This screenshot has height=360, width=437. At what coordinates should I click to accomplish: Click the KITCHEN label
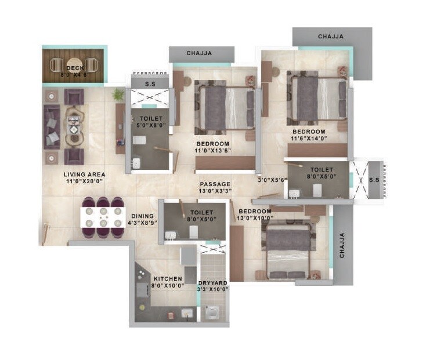[168, 279]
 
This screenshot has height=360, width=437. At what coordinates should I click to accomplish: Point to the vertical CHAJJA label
[342, 246]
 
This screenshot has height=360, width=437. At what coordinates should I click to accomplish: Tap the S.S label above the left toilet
[150, 84]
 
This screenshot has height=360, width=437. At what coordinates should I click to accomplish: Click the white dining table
[103, 217]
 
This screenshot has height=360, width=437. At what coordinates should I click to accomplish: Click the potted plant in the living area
[118, 94]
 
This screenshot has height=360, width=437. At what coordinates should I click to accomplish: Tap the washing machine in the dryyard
[214, 311]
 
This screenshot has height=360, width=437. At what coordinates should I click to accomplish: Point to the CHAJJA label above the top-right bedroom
[331, 37]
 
